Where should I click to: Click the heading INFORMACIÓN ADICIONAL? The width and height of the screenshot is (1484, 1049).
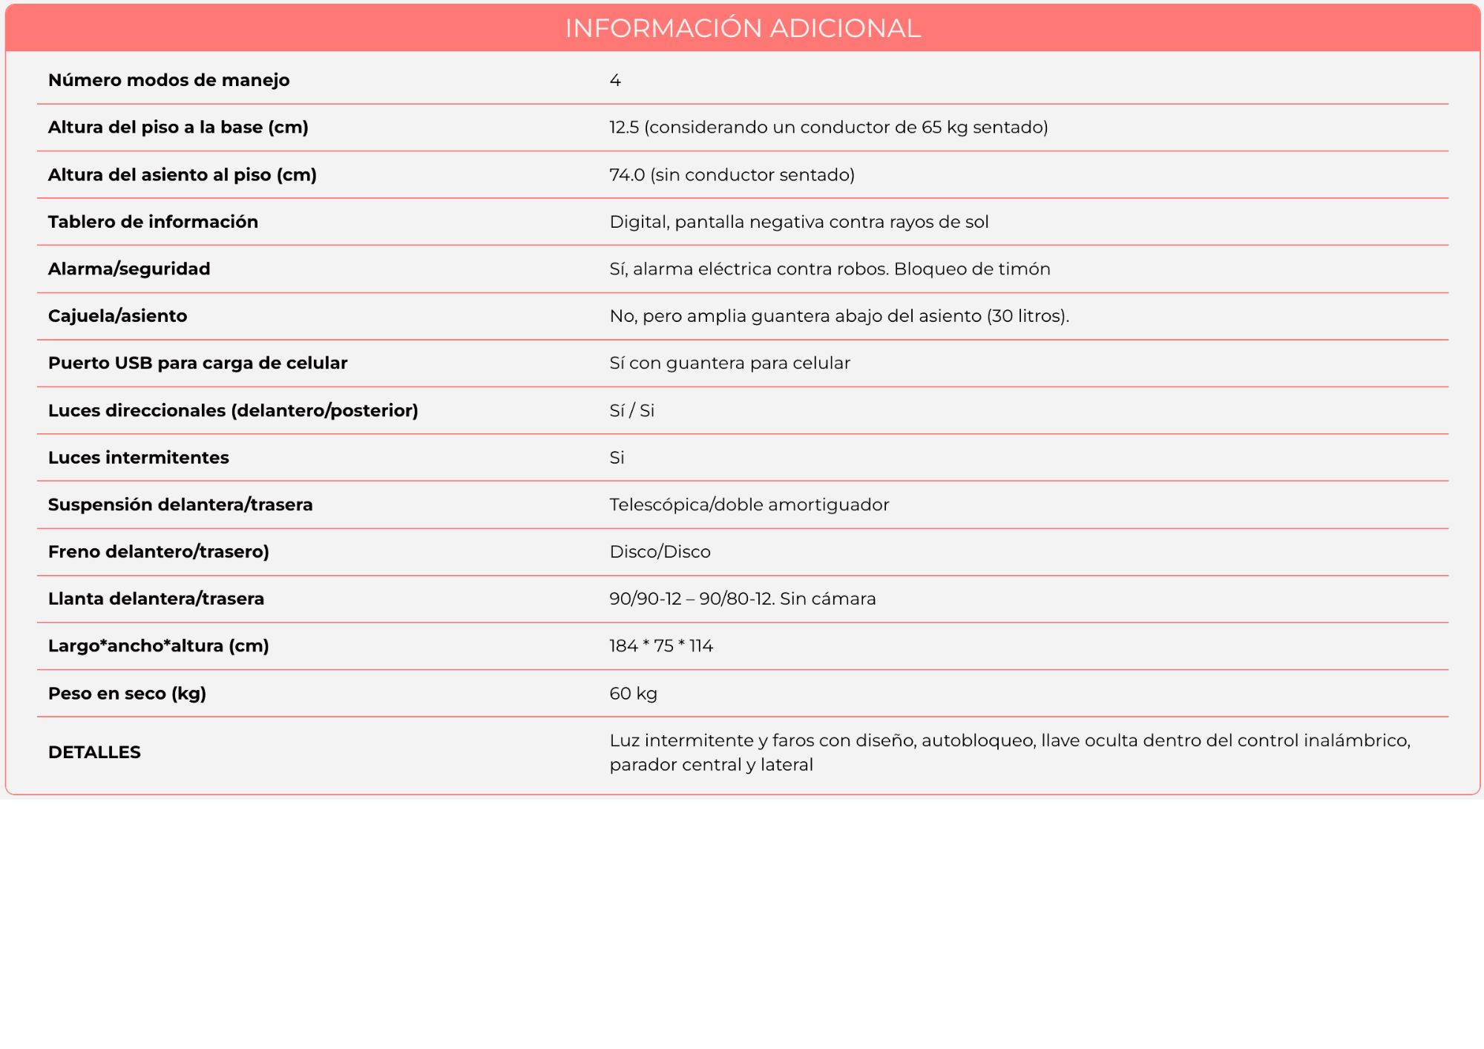pyautogui.click(x=742, y=28)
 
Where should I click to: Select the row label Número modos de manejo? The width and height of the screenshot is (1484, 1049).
pyautogui.click(x=168, y=80)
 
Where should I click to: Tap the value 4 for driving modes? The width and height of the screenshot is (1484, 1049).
pyautogui.click(x=615, y=80)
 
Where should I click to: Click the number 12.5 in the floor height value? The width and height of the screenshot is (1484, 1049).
pyautogui.click(x=624, y=128)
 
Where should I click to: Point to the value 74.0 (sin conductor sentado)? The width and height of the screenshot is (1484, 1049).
pyautogui.click(x=732, y=175)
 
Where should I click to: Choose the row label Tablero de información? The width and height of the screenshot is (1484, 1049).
pyautogui.click(x=153, y=222)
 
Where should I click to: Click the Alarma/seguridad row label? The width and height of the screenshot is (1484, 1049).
pyautogui.click(x=129, y=269)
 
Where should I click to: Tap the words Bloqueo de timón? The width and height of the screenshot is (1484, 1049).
pyautogui.click(x=972, y=269)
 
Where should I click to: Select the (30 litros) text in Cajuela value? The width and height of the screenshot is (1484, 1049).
pyautogui.click(x=1028, y=316)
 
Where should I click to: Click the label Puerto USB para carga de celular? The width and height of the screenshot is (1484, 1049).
pyautogui.click(x=197, y=364)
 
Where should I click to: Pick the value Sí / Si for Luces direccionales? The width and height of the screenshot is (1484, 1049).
pyautogui.click(x=631, y=411)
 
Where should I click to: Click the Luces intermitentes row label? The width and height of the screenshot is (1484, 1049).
pyautogui.click(x=138, y=458)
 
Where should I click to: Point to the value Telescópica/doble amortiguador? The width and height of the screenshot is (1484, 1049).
pyautogui.click(x=749, y=505)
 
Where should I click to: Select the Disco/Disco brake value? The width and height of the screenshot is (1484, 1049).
pyautogui.click(x=660, y=552)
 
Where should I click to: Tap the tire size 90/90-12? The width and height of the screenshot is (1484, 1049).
pyautogui.click(x=645, y=599)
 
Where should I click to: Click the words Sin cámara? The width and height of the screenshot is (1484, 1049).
pyautogui.click(x=827, y=599)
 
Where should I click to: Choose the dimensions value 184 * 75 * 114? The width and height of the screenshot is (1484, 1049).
pyautogui.click(x=661, y=646)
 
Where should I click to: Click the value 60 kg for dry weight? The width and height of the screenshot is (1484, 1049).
pyautogui.click(x=633, y=694)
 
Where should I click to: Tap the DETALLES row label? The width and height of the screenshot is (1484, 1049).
pyautogui.click(x=94, y=752)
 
